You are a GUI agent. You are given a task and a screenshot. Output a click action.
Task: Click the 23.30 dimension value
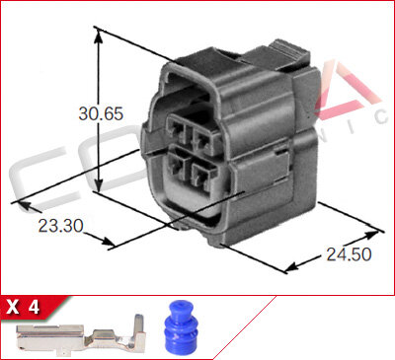(60, 226)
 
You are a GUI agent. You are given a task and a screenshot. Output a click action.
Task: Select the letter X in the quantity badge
(14, 306)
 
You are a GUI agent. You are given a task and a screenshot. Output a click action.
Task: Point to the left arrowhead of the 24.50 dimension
(286, 269)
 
